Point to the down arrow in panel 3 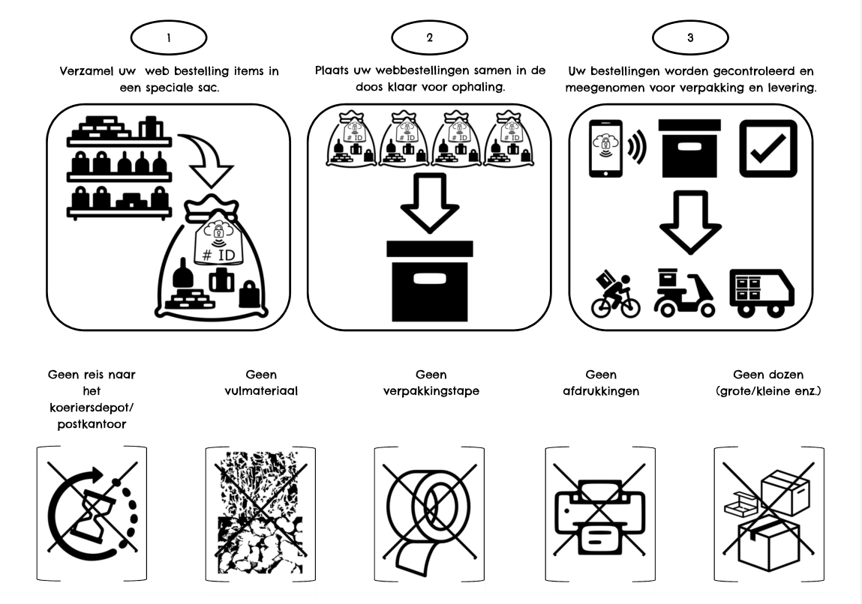pos(688,223)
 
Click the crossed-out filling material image pos(260,514)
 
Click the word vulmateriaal pos(260,390)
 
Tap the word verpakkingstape pos(430,390)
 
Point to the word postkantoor pos(91,424)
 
